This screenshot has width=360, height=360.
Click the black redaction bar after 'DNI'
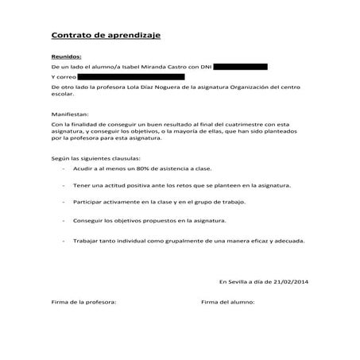pos(241,67)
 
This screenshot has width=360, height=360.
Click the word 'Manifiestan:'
pos(70,114)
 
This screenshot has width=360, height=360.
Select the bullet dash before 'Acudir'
pos(63,169)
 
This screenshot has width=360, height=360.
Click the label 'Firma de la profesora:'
pos(83,303)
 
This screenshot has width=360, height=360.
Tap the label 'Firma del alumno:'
pos(227,303)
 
